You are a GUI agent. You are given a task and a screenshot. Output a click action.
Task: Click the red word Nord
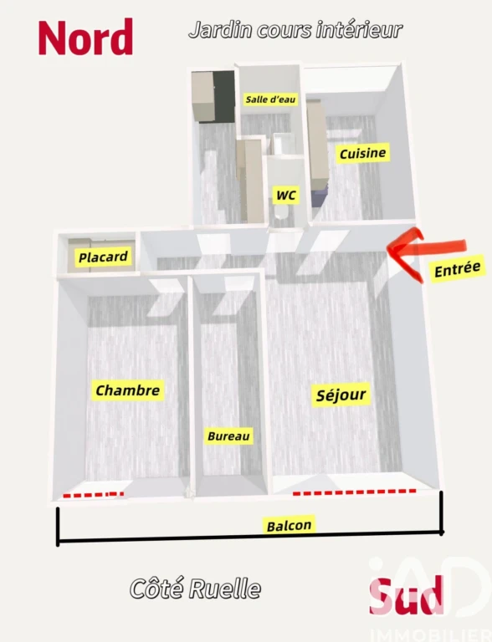click(85, 38)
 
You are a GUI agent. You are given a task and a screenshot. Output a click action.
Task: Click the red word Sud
click(407, 596)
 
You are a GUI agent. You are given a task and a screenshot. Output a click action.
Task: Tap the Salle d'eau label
click(270, 99)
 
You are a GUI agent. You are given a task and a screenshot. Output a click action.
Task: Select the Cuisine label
click(362, 153)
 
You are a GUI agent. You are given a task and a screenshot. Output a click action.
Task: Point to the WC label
click(286, 195)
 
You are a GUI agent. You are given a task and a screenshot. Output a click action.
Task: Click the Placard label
click(103, 257)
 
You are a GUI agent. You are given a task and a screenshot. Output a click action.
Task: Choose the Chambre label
click(127, 390)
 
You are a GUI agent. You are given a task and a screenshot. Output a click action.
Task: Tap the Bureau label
click(228, 436)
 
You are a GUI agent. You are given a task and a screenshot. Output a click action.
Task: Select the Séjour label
click(341, 395)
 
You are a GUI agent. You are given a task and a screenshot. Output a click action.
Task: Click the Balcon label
click(289, 525)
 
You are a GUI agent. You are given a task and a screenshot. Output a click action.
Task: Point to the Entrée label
click(457, 269)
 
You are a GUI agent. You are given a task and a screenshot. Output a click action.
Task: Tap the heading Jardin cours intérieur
click(295, 30)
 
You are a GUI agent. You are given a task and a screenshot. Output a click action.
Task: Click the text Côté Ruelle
click(195, 588)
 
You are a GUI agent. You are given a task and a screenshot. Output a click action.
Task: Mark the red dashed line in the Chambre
click(94, 495)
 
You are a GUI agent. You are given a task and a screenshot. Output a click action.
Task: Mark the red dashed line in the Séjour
click(354, 492)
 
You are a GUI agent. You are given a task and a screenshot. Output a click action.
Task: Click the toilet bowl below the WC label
click(281, 213)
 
